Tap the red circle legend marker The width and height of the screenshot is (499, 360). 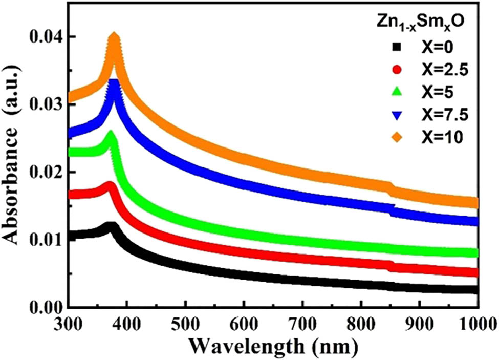click(x=396, y=70)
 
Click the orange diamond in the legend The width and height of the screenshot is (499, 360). click(x=396, y=137)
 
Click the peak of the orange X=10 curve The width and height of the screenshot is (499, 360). click(x=114, y=35)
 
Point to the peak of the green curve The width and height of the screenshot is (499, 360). click(x=111, y=134)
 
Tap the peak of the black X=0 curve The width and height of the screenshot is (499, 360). click(x=110, y=225)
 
